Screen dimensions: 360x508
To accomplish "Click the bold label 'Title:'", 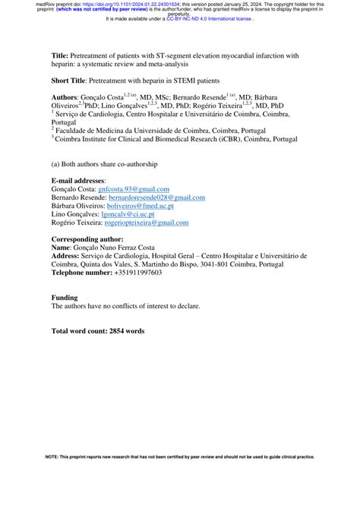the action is click(x=60, y=56).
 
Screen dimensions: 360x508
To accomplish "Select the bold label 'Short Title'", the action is click(x=69, y=79).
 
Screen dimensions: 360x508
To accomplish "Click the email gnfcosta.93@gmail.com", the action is click(x=134, y=188).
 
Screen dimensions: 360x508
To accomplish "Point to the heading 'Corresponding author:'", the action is click(x=86, y=239).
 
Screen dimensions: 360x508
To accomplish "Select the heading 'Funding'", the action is click(x=65, y=297).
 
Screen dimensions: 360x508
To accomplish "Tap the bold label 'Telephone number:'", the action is click(x=81, y=273).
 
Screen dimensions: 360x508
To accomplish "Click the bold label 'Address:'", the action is click(x=65, y=256).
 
